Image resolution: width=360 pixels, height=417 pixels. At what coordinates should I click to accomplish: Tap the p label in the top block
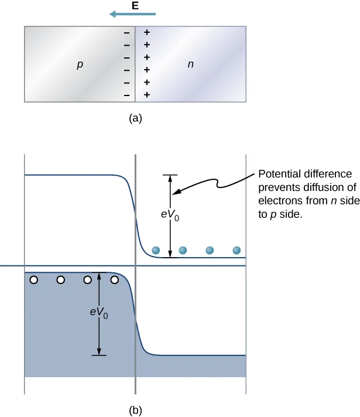(80, 64)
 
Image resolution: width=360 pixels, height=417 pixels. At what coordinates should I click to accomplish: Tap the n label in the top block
(190, 64)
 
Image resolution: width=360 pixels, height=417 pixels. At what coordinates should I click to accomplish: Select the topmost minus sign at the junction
(126, 32)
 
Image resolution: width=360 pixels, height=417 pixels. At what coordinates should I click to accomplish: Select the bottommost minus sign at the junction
(126, 95)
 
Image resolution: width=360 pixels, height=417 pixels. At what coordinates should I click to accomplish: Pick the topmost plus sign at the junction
(147, 32)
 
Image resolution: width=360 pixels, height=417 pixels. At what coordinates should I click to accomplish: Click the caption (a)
(135, 118)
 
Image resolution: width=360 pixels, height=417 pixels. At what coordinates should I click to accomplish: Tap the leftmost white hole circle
(34, 280)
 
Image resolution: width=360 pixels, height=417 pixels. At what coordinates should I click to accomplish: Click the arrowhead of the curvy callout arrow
(176, 191)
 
